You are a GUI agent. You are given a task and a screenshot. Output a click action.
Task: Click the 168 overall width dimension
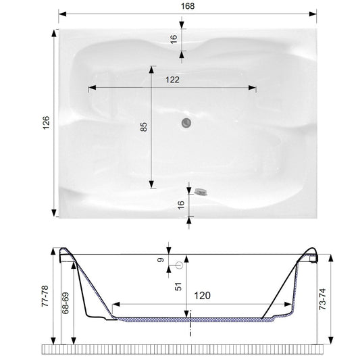(188, 6)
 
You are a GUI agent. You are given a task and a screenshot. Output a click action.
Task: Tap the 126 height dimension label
(46, 123)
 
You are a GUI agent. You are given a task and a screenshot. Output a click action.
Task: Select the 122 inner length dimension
(172, 80)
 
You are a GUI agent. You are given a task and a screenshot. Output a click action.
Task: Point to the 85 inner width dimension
(143, 127)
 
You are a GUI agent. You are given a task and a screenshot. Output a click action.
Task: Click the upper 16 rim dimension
(174, 39)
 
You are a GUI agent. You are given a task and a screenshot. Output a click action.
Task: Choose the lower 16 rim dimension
(181, 205)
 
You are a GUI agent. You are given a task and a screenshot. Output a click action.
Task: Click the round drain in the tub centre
(186, 123)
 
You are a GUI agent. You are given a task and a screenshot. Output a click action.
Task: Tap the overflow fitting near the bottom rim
(201, 192)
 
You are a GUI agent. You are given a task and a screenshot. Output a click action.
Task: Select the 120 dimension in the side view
(202, 295)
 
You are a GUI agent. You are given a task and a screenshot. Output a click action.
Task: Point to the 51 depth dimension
(178, 286)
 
